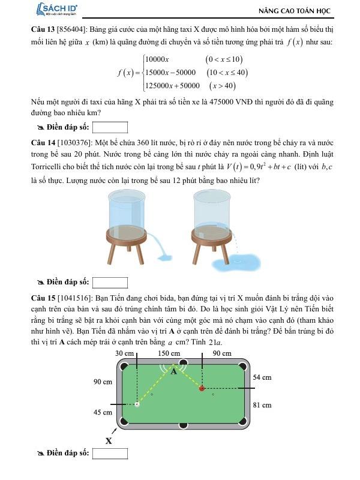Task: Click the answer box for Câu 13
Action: coord(110,127)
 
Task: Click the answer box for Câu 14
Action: coord(110,282)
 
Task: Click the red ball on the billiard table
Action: coord(202,389)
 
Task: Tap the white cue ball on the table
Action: coord(137,404)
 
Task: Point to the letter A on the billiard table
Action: coord(175,371)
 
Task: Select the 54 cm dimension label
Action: coord(263,377)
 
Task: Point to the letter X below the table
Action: coord(109,441)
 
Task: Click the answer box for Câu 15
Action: coord(110,453)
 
